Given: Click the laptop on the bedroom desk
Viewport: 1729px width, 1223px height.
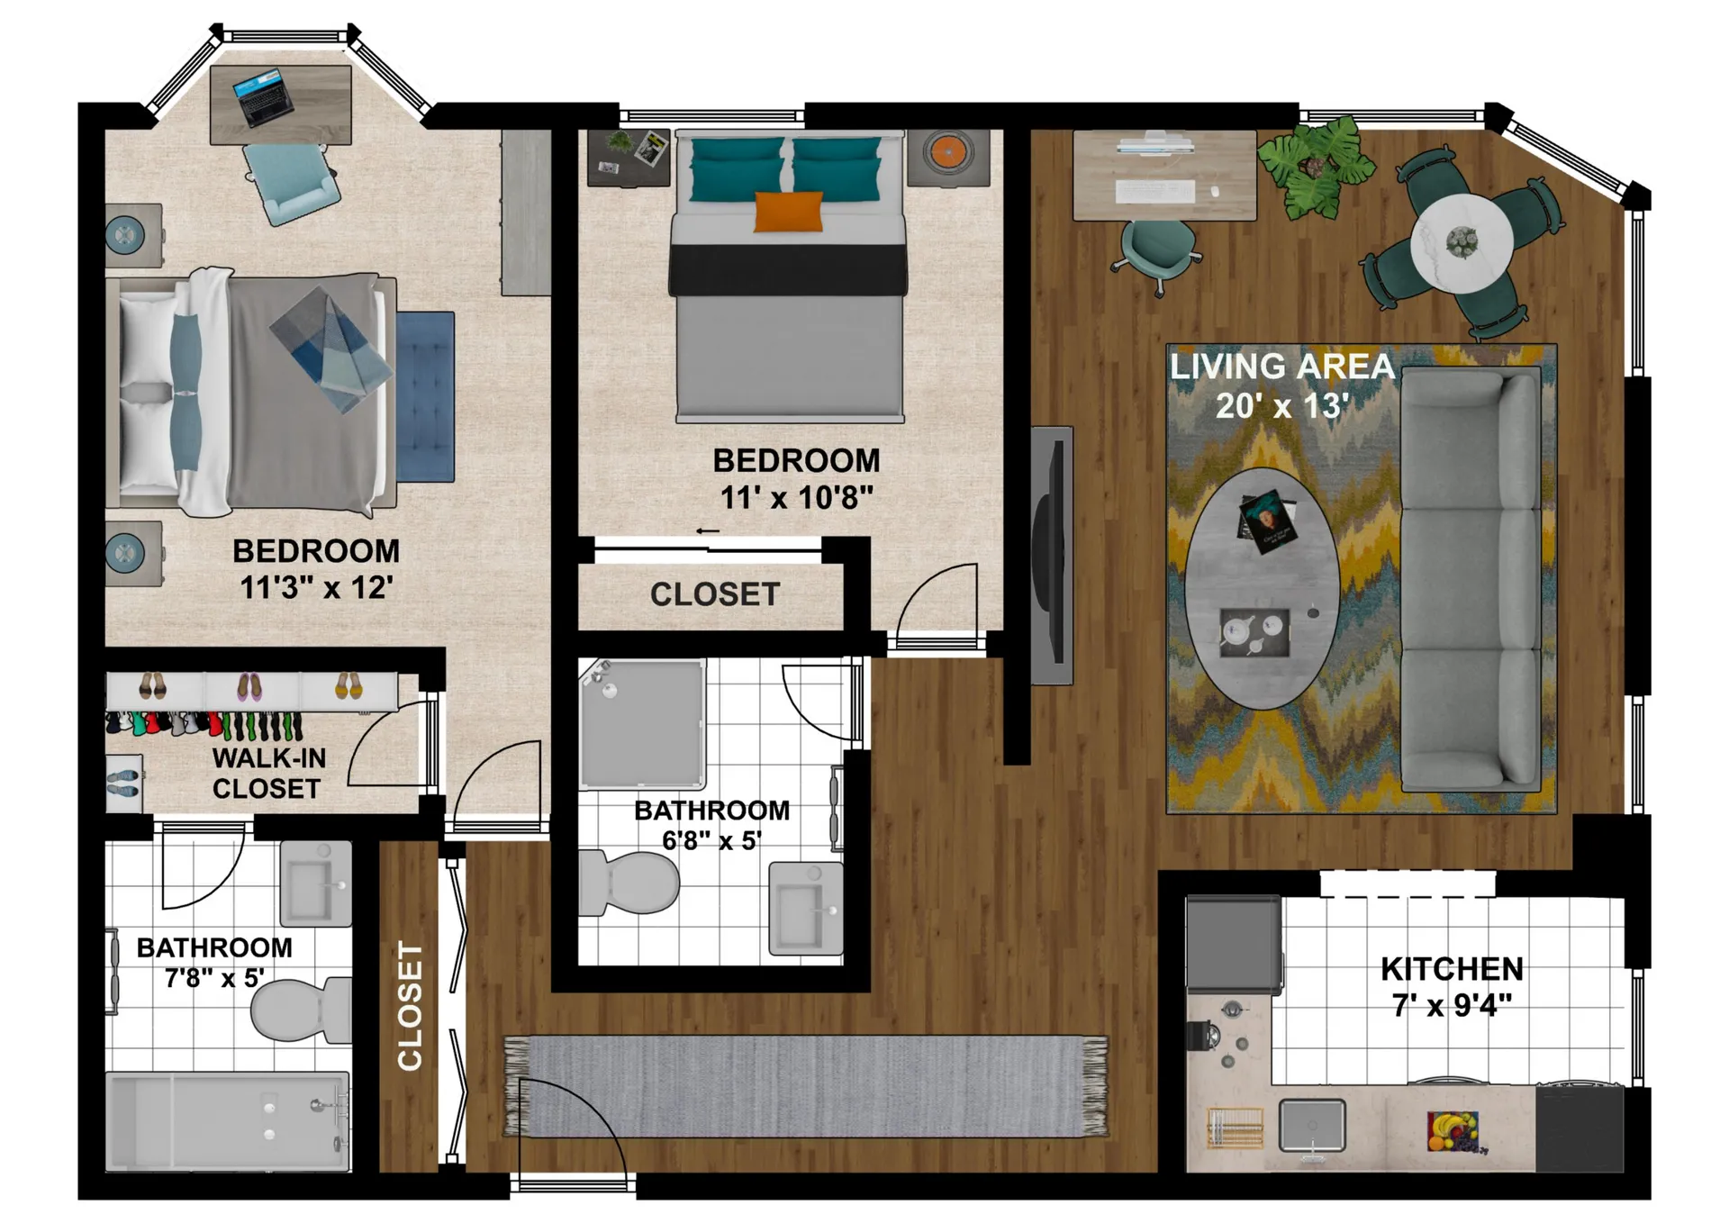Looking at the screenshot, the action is pyautogui.click(x=263, y=96).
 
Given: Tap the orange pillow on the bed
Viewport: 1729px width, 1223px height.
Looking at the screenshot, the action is pyautogui.click(x=789, y=213).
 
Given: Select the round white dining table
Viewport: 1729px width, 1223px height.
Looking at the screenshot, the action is pyautogui.click(x=1462, y=240).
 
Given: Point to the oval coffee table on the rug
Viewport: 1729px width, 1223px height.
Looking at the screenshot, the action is pyautogui.click(x=1263, y=589).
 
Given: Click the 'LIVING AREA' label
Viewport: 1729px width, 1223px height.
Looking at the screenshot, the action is pyautogui.click(x=1282, y=367).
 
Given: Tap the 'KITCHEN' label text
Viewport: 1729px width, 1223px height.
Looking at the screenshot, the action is pyautogui.click(x=1452, y=969).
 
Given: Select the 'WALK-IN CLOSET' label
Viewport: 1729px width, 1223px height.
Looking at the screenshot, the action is pyautogui.click(x=268, y=774).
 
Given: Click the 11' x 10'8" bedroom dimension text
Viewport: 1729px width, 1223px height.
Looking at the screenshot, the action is pyautogui.click(x=796, y=497).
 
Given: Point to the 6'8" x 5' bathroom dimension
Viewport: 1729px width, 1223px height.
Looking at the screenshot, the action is pyautogui.click(x=711, y=840).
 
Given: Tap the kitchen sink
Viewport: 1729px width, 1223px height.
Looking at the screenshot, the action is pyautogui.click(x=1312, y=1126).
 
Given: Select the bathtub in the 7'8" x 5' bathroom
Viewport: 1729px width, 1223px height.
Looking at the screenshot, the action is pyautogui.click(x=228, y=1121).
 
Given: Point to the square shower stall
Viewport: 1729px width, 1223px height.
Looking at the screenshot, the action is pyautogui.click(x=642, y=724).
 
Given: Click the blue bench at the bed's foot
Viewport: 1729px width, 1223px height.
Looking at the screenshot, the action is pyautogui.click(x=425, y=396).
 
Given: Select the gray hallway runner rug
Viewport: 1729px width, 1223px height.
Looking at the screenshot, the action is pyautogui.click(x=806, y=1086).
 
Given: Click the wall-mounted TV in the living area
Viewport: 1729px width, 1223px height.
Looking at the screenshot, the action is pyautogui.click(x=1051, y=556).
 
